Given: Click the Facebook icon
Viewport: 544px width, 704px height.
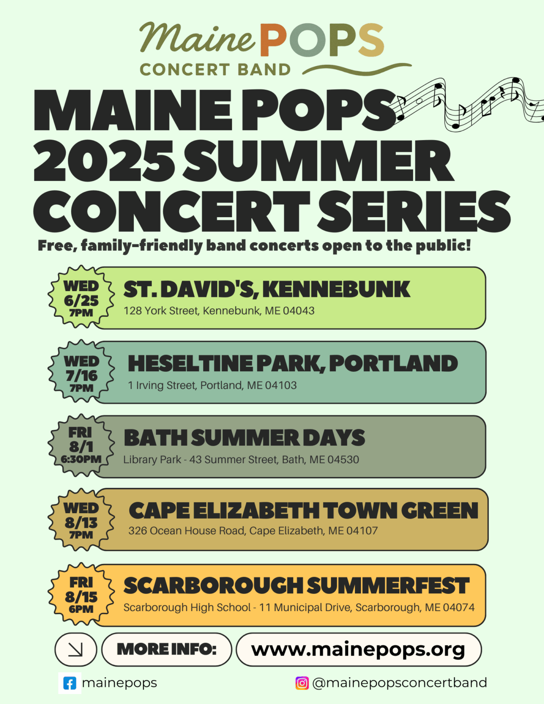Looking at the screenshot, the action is (x=70, y=683).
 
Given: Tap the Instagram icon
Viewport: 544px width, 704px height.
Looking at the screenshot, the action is (x=302, y=683).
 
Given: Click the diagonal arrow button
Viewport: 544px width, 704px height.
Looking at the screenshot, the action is (x=76, y=650).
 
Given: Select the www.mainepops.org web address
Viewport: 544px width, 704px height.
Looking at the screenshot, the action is (x=358, y=650).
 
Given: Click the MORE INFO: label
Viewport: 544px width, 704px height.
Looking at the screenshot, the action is (x=166, y=649).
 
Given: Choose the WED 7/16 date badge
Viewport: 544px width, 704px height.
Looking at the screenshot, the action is (x=81, y=371).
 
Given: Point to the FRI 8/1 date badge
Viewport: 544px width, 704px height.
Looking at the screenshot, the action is (x=81, y=445).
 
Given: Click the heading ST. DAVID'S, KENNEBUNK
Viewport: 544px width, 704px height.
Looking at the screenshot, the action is (x=267, y=289).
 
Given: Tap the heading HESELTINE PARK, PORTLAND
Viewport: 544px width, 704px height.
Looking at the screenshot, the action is (x=293, y=363).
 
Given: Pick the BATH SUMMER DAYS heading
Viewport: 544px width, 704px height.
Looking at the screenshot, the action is (x=244, y=438).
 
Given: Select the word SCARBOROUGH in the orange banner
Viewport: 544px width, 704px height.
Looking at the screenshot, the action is (x=214, y=585).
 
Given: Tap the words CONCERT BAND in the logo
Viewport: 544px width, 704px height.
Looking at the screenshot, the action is (x=215, y=70).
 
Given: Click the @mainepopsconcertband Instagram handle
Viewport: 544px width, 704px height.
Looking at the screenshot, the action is (x=399, y=683).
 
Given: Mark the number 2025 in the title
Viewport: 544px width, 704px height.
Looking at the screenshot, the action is (x=104, y=161).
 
